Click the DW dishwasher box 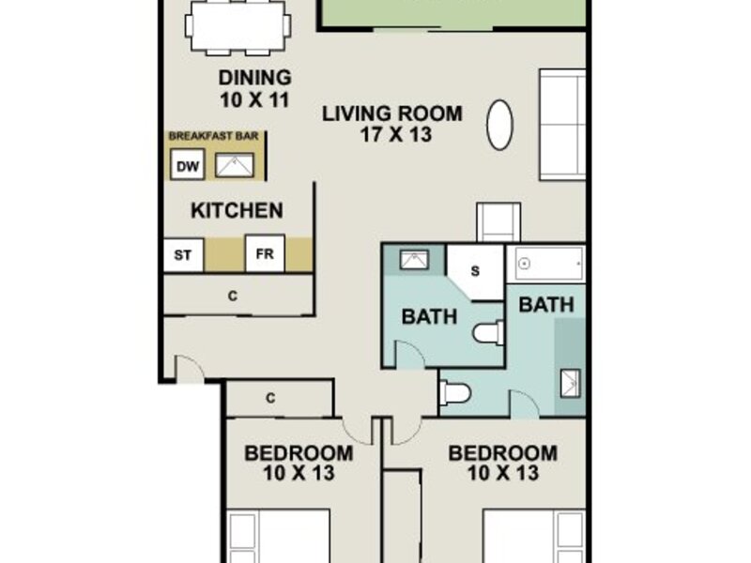pos(188,164)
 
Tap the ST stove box pos(183,255)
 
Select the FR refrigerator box pos(265,253)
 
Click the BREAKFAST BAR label pos(214,136)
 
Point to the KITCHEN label pos(237,210)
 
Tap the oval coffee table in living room pos(499,125)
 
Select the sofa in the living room pos(562,125)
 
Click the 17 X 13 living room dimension pos(396,134)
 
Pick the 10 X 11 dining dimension pos(254,100)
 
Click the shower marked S pos(475,272)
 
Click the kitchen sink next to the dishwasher pos(234,165)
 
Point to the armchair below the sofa pos(498,222)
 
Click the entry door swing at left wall pos(190,368)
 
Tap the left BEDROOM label pos(299,453)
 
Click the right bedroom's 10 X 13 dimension pos(503,474)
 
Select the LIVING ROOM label pos(392,114)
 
